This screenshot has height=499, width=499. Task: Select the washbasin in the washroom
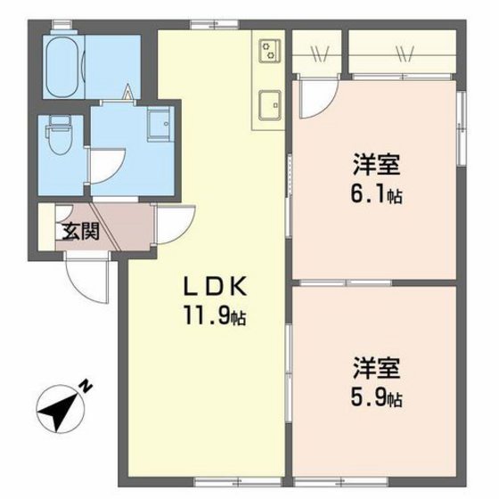pyautogui.click(x=159, y=126)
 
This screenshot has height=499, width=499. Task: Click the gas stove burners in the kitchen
pyautogui.click(x=267, y=52)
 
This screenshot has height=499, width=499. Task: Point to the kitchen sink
pyautogui.click(x=267, y=105)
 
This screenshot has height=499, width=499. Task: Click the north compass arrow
pyautogui.click(x=60, y=409)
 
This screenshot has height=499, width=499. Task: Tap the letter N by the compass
pyautogui.click(x=86, y=386)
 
